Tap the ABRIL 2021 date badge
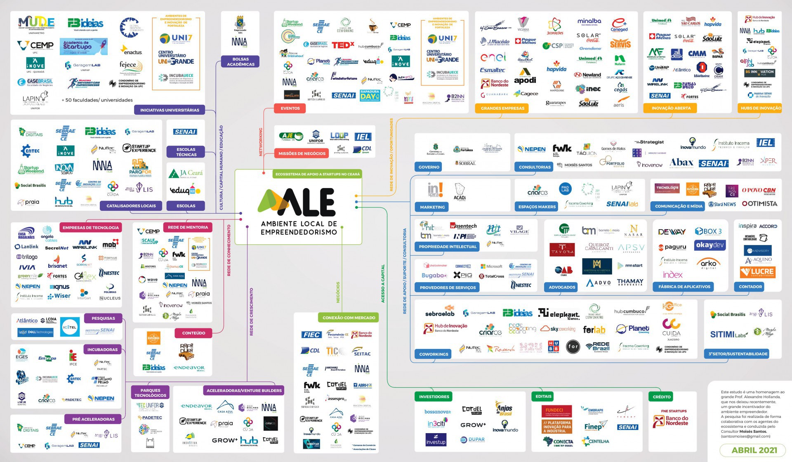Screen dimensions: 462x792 point(754,450)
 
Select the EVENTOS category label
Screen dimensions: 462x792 point(290,108)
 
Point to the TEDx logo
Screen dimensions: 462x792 point(342,45)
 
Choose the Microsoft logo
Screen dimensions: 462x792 point(491,266)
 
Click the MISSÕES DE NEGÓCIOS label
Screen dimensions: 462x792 point(302,153)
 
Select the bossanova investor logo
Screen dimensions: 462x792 point(437,412)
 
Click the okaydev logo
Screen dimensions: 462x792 point(709,245)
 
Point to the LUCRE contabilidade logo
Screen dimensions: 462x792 point(757,272)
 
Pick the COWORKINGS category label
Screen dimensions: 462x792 point(434,354)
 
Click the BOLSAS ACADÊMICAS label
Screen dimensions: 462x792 point(240,61)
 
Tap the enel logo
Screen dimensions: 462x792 point(493,57)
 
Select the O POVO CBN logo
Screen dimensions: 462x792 point(758,191)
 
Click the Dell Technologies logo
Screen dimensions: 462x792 point(35,332)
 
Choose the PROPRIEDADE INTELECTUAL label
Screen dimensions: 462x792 point(448,247)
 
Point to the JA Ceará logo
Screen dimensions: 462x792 point(186,173)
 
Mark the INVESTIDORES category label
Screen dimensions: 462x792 point(434,397)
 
